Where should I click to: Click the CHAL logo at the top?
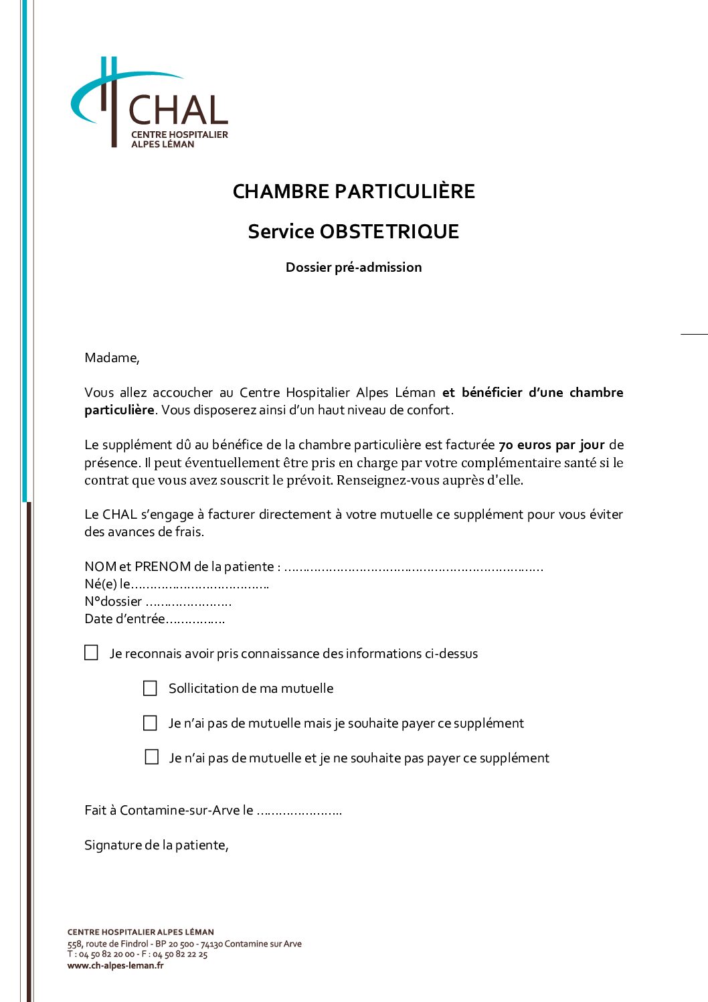coord(150,104)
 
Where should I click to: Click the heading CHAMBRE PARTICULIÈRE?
coord(353,191)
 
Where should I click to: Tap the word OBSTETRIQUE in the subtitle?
coord(389,232)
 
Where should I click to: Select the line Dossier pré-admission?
coord(353,267)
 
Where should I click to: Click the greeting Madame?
coord(112,358)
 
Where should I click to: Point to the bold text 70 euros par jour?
coord(551,445)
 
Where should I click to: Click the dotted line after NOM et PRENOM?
coord(413,568)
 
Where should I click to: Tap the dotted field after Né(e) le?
coord(199,586)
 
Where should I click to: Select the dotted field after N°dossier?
coord(188,603)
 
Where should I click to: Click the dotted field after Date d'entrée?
coord(195,620)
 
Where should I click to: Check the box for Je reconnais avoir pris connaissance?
coord(92,653)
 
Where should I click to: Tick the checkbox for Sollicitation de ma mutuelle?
coord(151,688)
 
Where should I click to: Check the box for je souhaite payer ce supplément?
coord(151,723)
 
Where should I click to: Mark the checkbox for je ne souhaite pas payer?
coord(152,757)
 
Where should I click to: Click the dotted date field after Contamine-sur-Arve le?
coord(298,812)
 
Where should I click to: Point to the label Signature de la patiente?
coord(156,845)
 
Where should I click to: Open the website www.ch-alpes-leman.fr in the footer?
coord(115,965)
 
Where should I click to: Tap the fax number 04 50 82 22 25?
coord(180,954)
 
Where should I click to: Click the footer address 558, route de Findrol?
coord(108,944)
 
